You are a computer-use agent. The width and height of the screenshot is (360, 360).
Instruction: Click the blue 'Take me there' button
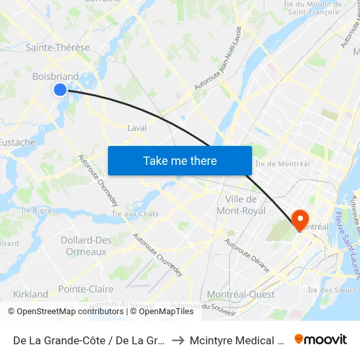[179, 160]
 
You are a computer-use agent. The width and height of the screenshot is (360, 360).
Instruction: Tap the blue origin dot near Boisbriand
[60, 89]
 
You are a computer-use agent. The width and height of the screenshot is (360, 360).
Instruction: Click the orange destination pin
[300, 219]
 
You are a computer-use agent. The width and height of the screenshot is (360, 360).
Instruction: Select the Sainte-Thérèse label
[58, 48]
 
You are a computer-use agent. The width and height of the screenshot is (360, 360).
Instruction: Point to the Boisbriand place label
[55, 77]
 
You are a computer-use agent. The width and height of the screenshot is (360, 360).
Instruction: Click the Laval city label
[137, 128]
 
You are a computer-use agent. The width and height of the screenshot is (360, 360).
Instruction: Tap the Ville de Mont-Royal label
[245, 205]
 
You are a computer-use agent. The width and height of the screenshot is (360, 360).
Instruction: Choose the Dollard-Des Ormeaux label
[86, 246]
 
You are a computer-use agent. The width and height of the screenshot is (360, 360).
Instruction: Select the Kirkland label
[30, 295]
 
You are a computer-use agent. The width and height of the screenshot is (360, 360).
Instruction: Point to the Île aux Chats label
[135, 214]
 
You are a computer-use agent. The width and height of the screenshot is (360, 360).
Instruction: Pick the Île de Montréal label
[282, 164]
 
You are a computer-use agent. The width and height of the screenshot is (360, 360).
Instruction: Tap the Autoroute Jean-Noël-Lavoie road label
[219, 58]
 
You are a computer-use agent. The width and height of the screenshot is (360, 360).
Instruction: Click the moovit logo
[321, 339]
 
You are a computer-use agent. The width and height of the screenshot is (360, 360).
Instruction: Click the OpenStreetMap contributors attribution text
[65, 312]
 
